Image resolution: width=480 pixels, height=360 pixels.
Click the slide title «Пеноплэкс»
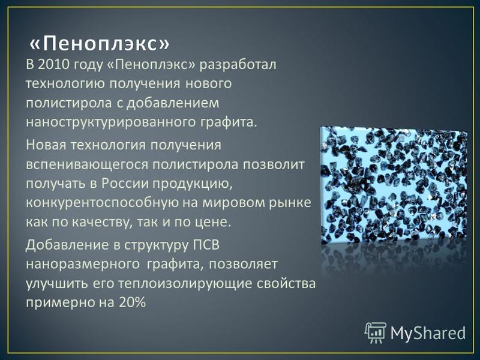(x=99, y=44)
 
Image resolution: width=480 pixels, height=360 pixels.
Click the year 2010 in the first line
(x=52, y=65)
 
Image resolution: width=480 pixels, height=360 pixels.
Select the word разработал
(x=238, y=65)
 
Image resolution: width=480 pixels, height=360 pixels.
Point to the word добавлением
(x=173, y=103)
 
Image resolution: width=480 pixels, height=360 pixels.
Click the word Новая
(x=46, y=145)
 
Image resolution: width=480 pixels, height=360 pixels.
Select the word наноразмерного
(x=82, y=265)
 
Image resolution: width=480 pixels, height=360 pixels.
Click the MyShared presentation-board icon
(x=376, y=332)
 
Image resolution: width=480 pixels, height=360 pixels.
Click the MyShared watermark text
(x=428, y=333)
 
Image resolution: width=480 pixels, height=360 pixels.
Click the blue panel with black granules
(x=394, y=185)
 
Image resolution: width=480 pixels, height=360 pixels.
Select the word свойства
(x=286, y=283)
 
